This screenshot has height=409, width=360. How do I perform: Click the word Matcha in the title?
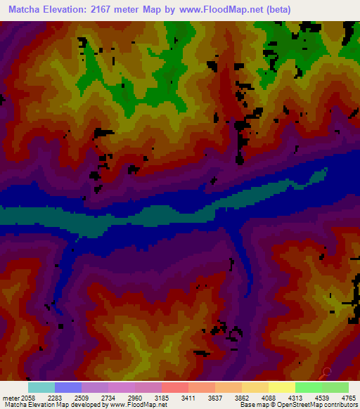coord(26,10)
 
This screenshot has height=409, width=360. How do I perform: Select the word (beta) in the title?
coord(275,10)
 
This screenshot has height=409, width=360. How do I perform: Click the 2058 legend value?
coord(27,398)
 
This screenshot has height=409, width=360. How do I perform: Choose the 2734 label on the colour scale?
coord(108,398)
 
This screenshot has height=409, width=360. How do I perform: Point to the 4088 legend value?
coord(268,398)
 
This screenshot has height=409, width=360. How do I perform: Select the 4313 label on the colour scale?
coord(295,398)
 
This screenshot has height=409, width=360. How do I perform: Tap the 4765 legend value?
coord(348,398)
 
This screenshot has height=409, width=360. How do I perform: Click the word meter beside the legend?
coord(10,398)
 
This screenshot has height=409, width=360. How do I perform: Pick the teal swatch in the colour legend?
coord(41,387)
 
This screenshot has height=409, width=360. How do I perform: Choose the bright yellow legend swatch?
coord(281,387)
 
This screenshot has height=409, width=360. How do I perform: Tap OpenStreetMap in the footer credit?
coord(311,405)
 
